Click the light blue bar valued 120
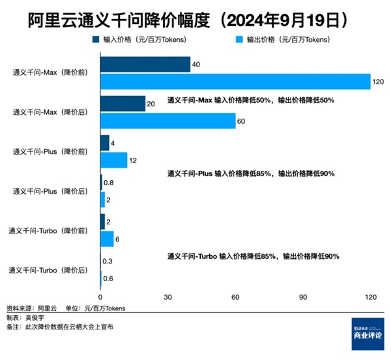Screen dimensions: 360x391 (x=235, y=81)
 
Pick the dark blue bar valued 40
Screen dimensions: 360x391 (x=145, y=64)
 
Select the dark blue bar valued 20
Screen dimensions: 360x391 (x=123, y=103)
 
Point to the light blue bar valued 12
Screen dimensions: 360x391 (x=113, y=160)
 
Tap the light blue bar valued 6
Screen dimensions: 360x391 (x=107, y=239)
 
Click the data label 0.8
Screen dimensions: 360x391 (x=109, y=183)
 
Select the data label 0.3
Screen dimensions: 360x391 (x=108, y=262)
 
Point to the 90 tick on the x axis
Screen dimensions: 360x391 (x=303, y=297)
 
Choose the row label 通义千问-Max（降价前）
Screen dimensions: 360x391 (x=50, y=72)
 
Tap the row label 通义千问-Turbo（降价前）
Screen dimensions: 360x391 (x=48, y=230)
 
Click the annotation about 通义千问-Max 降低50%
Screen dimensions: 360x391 (x=251, y=100)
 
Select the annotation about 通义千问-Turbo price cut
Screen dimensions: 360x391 (x=253, y=256)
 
